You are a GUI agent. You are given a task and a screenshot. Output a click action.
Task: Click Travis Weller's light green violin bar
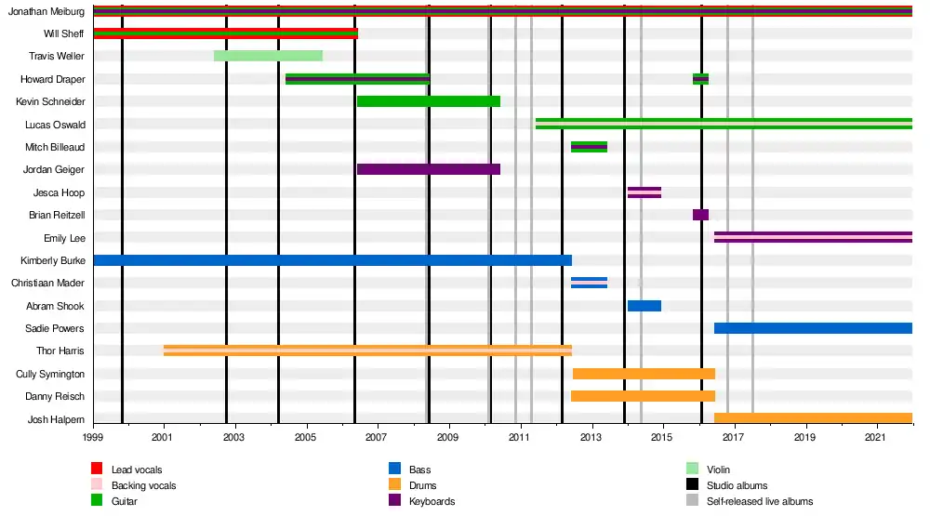(268, 56)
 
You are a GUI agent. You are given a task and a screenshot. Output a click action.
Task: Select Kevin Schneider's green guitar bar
(428, 101)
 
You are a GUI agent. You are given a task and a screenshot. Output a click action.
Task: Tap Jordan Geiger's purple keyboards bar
(428, 169)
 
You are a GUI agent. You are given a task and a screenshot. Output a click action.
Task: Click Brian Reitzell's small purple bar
(700, 215)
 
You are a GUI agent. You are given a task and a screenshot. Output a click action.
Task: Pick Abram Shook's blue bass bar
(644, 306)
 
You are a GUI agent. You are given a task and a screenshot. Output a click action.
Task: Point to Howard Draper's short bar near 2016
(700, 79)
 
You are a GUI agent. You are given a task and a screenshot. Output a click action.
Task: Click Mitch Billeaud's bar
(589, 147)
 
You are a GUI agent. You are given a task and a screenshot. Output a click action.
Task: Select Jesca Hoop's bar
(644, 192)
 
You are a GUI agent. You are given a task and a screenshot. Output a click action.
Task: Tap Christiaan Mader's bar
(589, 283)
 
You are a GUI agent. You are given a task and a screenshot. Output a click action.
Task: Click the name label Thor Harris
(60, 351)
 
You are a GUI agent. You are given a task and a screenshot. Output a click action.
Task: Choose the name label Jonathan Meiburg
(46, 11)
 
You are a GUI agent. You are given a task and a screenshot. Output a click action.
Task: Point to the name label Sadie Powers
(55, 328)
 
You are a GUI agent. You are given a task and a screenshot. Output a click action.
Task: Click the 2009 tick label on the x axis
(448, 437)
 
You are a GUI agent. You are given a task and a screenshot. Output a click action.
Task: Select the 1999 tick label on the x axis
(92, 437)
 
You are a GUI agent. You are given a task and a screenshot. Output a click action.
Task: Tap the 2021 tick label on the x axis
(875, 437)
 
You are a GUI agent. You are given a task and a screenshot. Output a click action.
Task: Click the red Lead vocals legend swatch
(97, 469)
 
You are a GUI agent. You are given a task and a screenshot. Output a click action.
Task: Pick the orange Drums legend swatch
(394, 484)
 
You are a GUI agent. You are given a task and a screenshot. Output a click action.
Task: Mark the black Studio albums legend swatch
(692, 484)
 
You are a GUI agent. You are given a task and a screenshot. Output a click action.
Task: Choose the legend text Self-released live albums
(760, 501)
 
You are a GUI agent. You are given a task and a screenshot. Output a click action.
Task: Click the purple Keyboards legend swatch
(394, 500)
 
